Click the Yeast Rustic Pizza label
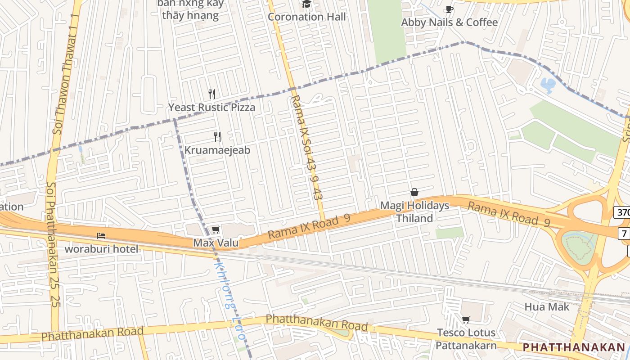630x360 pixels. (x=211, y=107)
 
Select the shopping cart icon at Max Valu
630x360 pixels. (x=216, y=230)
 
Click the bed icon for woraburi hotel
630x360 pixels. (x=102, y=235)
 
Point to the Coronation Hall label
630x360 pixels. (x=307, y=17)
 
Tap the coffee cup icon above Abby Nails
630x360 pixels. (x=449, y=9)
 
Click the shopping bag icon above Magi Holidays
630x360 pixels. (x=414, y=193)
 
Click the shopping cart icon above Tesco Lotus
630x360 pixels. (x=466, y=320)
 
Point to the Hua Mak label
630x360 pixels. (x=547, y=307)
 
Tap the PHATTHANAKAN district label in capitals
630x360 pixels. (x=574, y=347)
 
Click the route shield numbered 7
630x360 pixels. (x=624, y=234)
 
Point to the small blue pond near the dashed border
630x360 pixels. (x=548, y=85)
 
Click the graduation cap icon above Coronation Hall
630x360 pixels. (x=306, y=4)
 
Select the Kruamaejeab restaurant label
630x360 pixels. (x=217, y=150)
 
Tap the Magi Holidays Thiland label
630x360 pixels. (x=414, y=212)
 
